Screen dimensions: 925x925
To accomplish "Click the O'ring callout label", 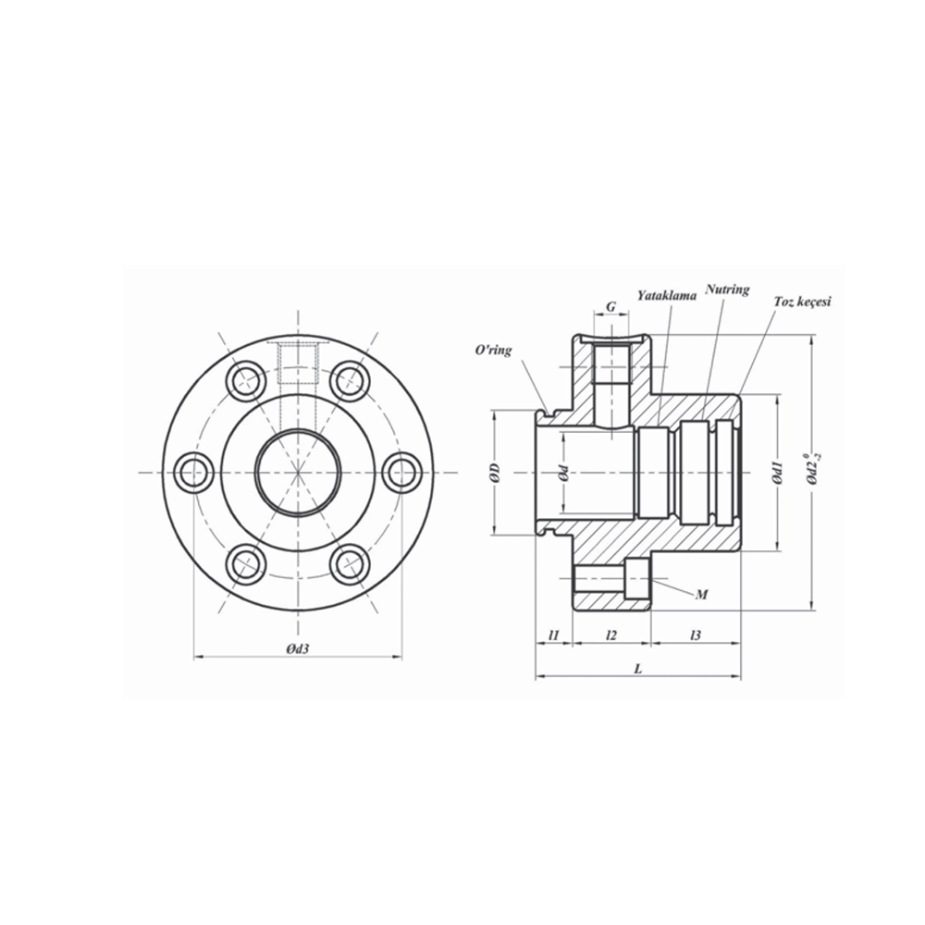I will tap(492, 350).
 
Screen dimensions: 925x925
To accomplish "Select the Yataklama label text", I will tap(666, 295).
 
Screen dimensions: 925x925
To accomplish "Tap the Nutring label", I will tap(727, 290).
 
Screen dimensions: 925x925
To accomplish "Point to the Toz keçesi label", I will tap(804, 302).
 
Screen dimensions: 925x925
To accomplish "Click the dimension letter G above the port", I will tap(610, 305).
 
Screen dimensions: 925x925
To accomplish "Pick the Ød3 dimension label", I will tap(297, 648).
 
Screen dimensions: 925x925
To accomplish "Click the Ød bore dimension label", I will tap(562, 474).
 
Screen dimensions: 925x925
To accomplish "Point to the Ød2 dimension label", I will tap(811, 470).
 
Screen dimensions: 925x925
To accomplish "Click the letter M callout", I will tap(701, 594).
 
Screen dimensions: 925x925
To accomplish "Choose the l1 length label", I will tap(553, 635).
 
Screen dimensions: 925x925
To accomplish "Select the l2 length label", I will tap(610, 635).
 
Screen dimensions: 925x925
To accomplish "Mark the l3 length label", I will tap(695, 635).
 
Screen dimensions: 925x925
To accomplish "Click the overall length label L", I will tap(638, 668).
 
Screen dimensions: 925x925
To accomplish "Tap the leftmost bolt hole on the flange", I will tap(194, 473).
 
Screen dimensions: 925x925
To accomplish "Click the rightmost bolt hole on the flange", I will tap(402, 473).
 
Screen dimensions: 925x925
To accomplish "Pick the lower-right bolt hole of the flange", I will tap(351, 563).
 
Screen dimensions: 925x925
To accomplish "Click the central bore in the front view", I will tap(298, 473).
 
